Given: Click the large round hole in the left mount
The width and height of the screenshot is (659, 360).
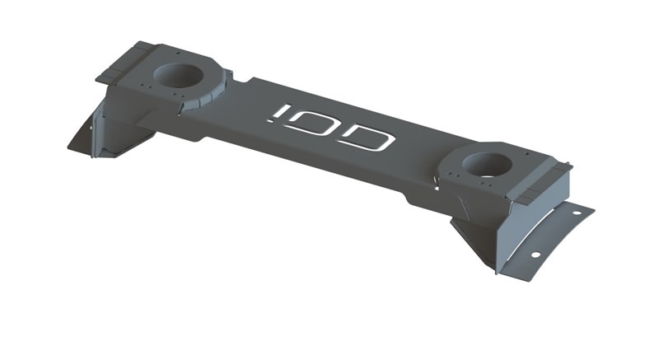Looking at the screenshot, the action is (178, 75).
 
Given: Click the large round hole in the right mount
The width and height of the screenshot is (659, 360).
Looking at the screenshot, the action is (487, 164).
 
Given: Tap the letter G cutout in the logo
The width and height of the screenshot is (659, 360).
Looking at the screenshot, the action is (369, 139).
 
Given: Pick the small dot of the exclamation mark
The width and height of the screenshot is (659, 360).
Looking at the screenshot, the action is (271, 120).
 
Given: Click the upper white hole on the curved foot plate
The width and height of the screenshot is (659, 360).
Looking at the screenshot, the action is (576, 213).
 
